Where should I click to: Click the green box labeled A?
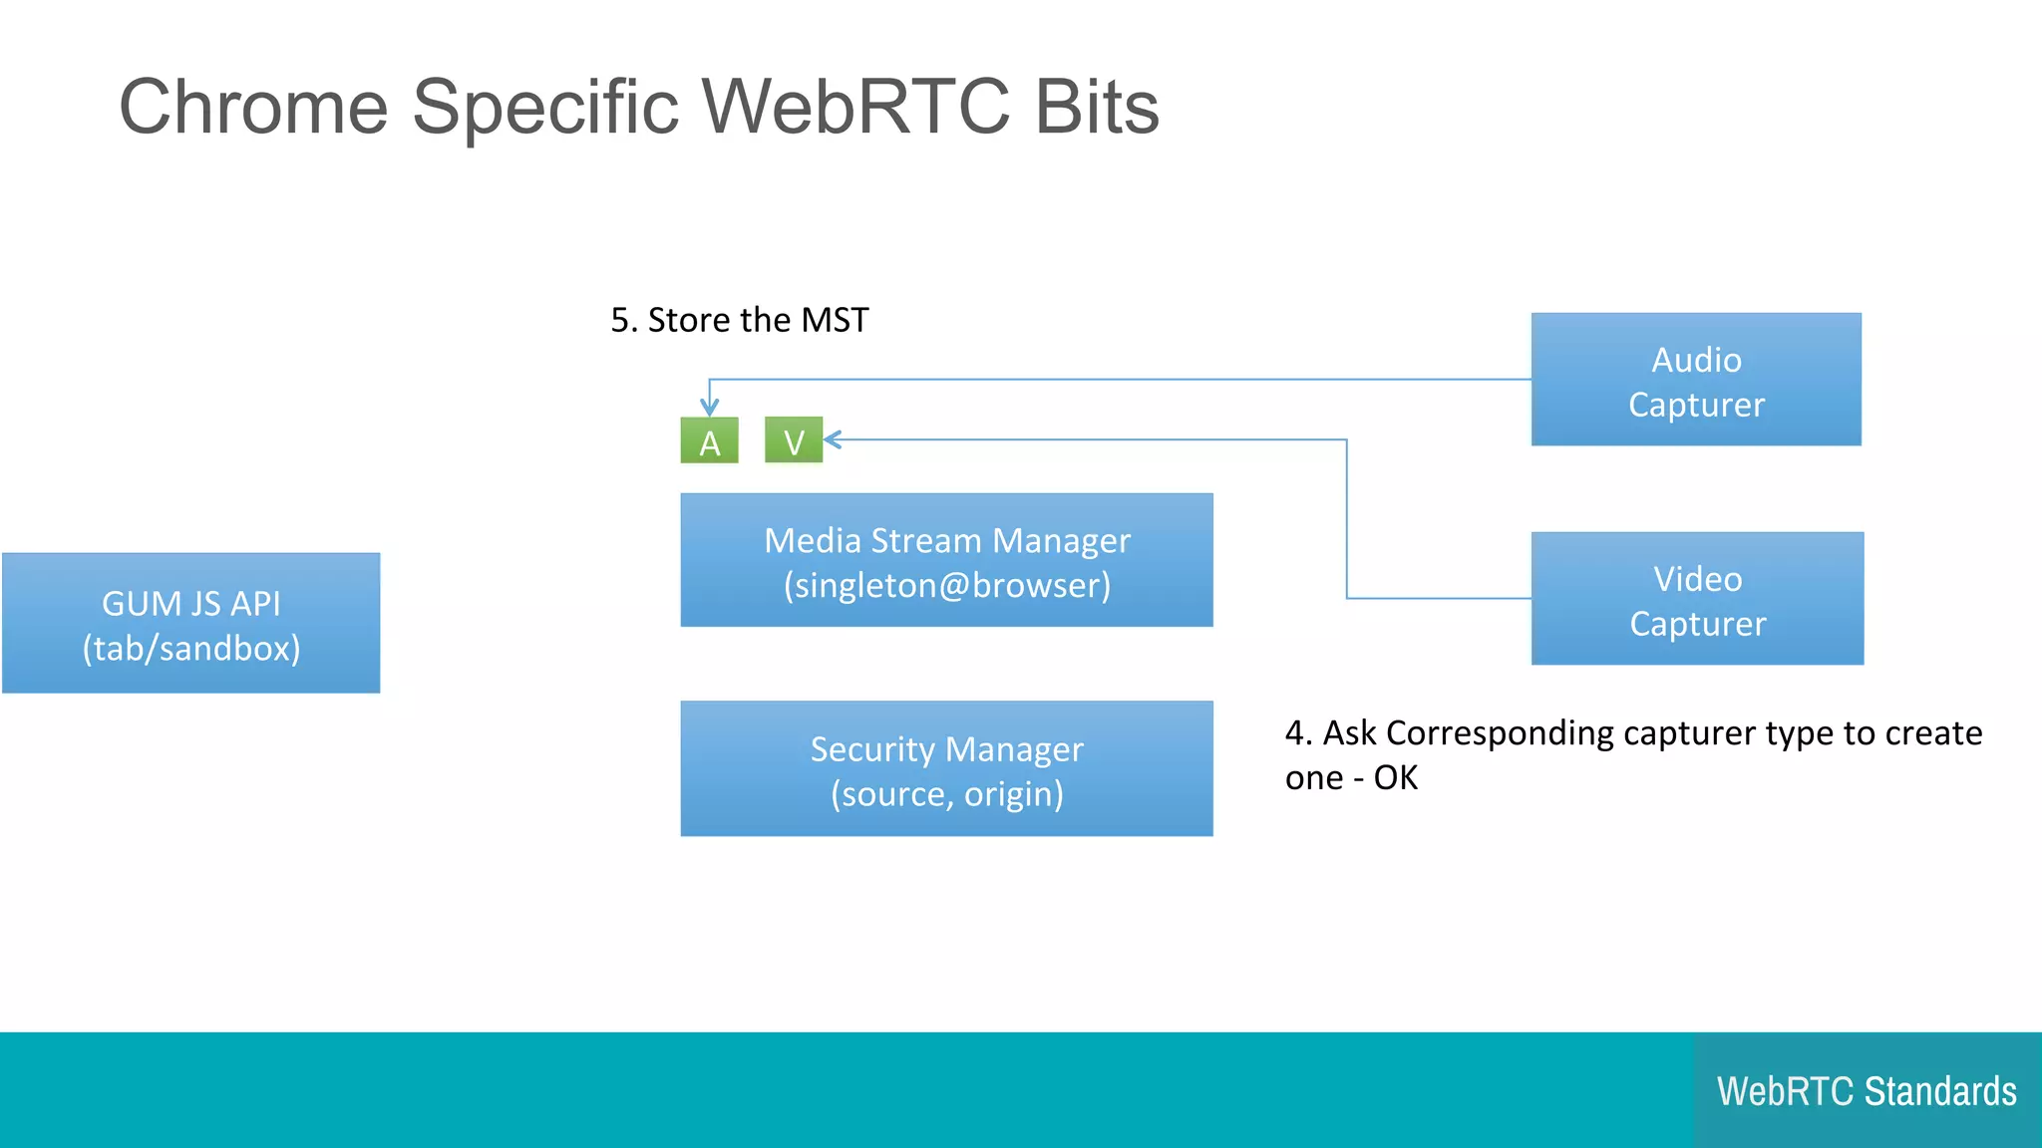tap(709, 440)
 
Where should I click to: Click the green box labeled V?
tap(794, 440)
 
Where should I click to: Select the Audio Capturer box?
tap(1696, 380)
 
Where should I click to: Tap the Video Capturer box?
tap(1697, 599)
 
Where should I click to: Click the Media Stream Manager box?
tap(946, 560)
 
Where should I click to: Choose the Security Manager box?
tap(946, 768)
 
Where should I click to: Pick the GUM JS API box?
tap(190, 623)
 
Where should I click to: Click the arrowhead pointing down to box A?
tap(709, 407)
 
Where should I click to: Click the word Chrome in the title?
tap(253, 108)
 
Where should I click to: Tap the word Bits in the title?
tap(1097, 108)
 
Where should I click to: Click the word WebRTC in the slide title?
tap(855, 108)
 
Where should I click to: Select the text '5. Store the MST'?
tap(739, 320)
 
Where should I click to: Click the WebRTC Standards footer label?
tap(1867, 1091)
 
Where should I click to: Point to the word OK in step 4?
tap(1395, 777)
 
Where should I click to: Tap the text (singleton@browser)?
tap(946, 585)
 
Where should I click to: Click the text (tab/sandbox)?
tap(190, 649)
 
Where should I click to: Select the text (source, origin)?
tap(946, 794)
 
